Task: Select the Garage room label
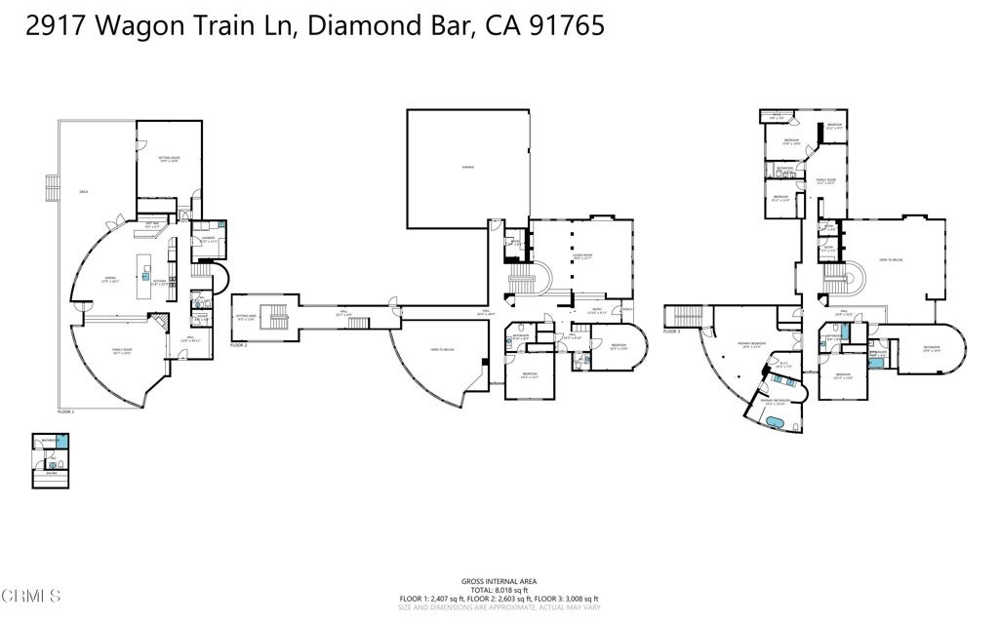467,168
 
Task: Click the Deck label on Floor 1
84,192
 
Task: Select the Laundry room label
209,238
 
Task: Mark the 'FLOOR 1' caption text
66,411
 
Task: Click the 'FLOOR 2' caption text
239,345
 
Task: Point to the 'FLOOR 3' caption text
670,331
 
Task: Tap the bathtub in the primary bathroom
778,421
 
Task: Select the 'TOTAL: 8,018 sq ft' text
499,589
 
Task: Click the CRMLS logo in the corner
31,595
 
